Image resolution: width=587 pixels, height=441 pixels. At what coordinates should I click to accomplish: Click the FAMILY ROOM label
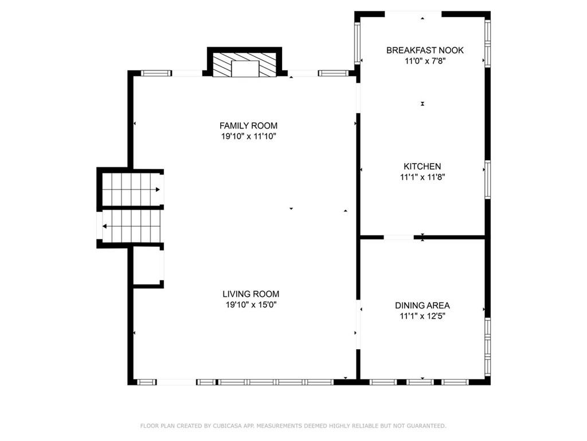click(x=248, y=126)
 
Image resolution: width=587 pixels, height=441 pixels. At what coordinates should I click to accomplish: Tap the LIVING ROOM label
click(x=251, y=294)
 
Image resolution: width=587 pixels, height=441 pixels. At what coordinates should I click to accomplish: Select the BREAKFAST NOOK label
click(x=425, y=51)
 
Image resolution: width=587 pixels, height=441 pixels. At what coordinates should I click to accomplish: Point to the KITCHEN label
click(x=422, y=166)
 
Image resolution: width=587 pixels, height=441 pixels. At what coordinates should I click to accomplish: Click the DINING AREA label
click(x=422, y=305)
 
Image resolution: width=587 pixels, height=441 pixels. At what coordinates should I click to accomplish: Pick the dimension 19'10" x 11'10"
click(x=249, y=136)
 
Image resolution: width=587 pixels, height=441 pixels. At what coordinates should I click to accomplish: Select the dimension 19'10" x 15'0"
click(x=251, y=304)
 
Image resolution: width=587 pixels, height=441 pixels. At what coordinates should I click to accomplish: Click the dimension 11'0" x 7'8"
click(x=425, y=61)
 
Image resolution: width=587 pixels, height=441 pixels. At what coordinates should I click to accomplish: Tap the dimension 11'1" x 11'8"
click(x=422, y=177)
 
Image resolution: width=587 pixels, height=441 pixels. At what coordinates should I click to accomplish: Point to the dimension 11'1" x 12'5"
click(x=422, y=316)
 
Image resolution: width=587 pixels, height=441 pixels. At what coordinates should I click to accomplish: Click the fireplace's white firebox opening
click(x=245, y=69)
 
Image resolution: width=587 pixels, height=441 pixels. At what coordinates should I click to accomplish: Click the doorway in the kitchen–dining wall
click(x=399, y=237)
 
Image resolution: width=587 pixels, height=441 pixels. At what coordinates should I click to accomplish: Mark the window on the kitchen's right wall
click(x=487, y=179)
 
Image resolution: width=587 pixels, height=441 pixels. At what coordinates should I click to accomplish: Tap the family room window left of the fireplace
click(x=156, y=73)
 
